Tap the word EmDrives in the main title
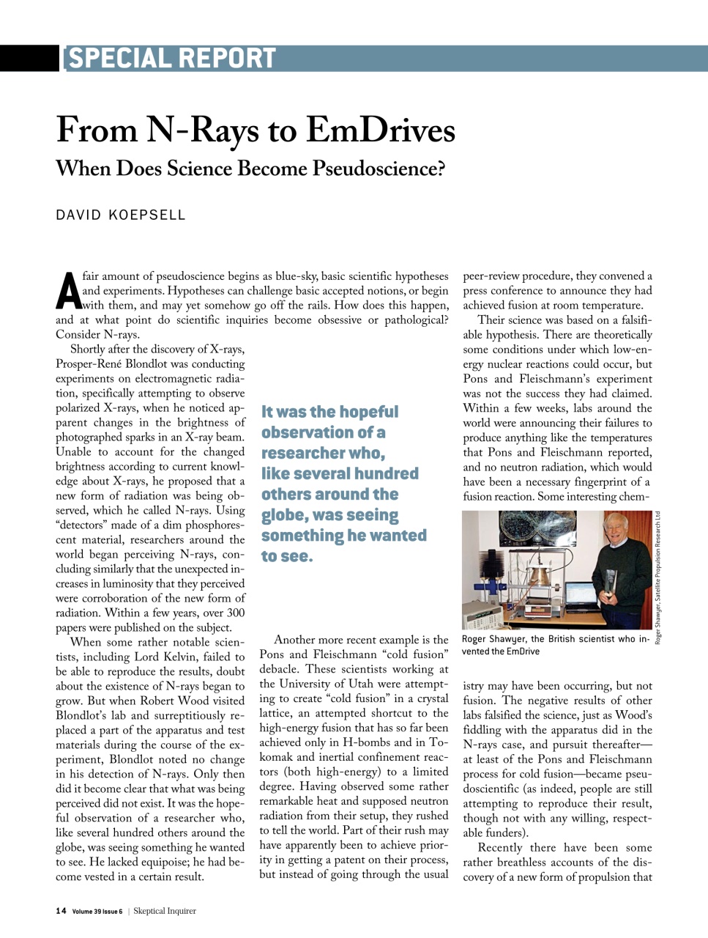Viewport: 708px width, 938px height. click(380, 130)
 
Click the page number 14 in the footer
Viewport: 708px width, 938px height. click(61, 911)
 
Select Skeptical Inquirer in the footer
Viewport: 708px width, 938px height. click(165, 911)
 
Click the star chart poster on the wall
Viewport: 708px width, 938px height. click(537, 528)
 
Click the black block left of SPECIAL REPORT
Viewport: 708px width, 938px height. click(29, 58)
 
